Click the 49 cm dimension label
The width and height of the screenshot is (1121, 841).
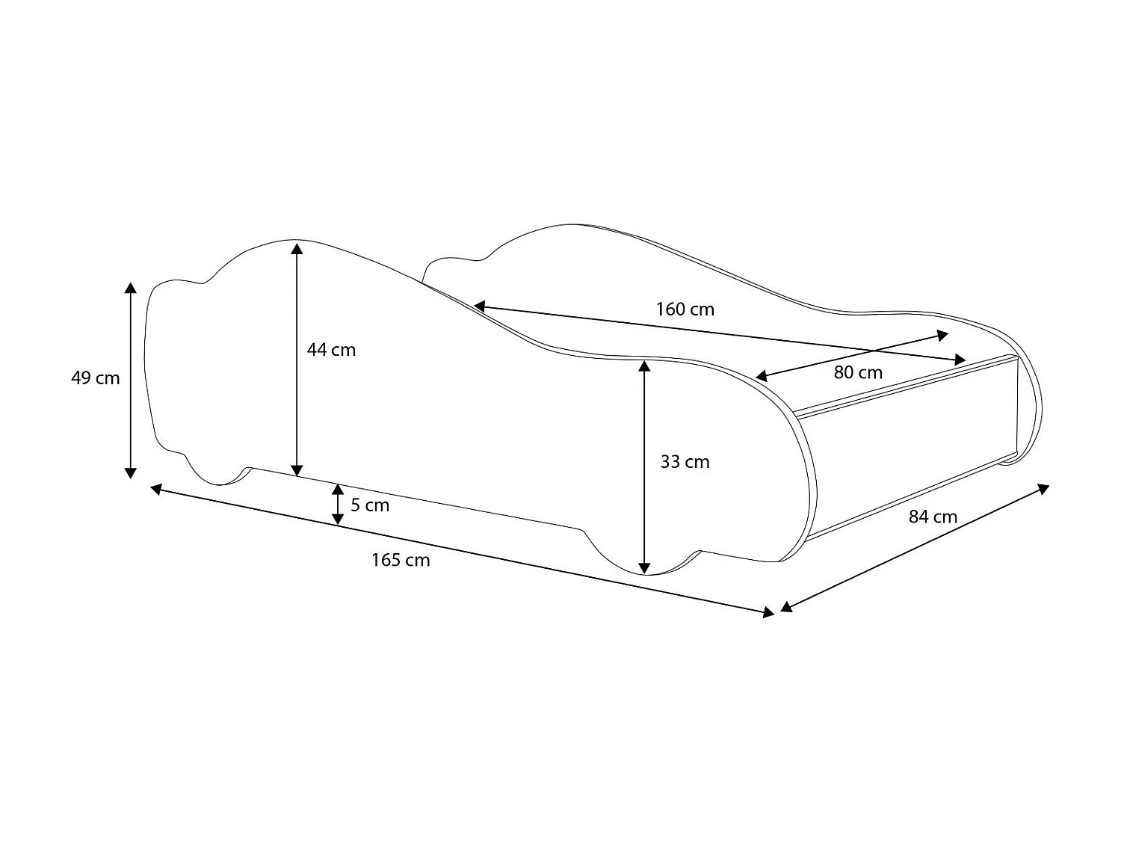click(x=95, y=378)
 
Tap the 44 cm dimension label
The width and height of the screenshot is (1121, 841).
click(x=331, y=350)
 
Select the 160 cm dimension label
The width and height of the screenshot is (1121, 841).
click(x=685, y=309)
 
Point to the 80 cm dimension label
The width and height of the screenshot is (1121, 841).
click(x=858, y=372)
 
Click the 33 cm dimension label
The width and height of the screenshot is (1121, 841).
click(x=685, y=462)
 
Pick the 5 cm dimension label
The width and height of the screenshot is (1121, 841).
click(x=370, y=505)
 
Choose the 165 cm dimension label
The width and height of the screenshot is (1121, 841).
click(x=401, y=560)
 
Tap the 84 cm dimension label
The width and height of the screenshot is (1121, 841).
click(x=933, y=517)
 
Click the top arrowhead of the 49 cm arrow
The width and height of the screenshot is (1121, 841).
click(x=131, y=289)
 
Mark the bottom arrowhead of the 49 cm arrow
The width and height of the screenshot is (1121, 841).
click(x=131, y=472)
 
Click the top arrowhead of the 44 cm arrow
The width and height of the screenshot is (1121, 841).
click(x=297, y=247)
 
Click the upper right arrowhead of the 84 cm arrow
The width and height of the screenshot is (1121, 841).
click(x=1044, y=489)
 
